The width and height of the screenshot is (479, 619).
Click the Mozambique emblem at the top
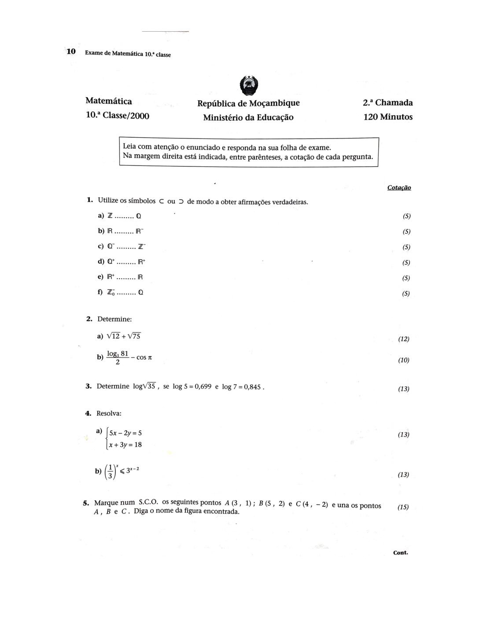[250, 85]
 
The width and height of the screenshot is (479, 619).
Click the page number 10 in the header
[71, 52]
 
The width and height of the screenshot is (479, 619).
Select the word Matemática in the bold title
[109, 101]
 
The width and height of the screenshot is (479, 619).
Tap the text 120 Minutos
[388, 117]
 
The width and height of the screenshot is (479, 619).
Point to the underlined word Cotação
[399, 188]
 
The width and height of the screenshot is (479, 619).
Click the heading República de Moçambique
[248, 103]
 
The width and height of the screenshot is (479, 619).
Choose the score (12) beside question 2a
[403, 339]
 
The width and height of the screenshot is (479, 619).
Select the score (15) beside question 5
[403, 507]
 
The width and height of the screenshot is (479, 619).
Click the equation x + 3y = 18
[125, 444]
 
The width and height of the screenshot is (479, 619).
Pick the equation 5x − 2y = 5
[125, 433]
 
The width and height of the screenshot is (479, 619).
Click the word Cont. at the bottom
[400, 553]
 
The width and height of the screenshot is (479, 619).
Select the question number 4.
[88, 413]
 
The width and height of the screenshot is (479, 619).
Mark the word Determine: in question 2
[114, 319]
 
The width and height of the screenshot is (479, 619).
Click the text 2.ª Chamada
[387, 103]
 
